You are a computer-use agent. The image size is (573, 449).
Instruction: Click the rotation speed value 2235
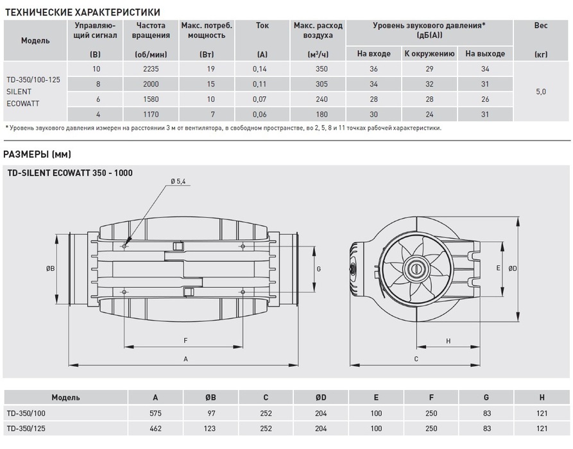coord(151,69)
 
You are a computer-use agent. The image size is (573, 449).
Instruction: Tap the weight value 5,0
coord(540,92)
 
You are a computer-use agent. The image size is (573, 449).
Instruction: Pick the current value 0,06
coord(262,115)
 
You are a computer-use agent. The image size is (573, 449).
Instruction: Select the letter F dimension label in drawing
coord(185,340)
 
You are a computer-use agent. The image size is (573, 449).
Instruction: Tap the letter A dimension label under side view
coord(185,359)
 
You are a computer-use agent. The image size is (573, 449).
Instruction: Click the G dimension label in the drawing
coord(319,269)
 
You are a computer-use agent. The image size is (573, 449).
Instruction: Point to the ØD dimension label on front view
coord(512,269)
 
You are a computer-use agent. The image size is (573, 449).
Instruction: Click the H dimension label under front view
coord(448,341)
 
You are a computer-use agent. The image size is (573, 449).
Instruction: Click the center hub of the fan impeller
coord(416,269)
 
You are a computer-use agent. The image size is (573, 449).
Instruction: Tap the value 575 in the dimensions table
coord(156,412)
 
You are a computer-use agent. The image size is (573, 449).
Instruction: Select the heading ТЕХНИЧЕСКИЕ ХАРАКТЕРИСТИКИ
coord(82,12)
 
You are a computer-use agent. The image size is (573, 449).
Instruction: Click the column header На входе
coord(373,54)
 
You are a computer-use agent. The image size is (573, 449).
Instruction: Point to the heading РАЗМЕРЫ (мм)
coord(37,154)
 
